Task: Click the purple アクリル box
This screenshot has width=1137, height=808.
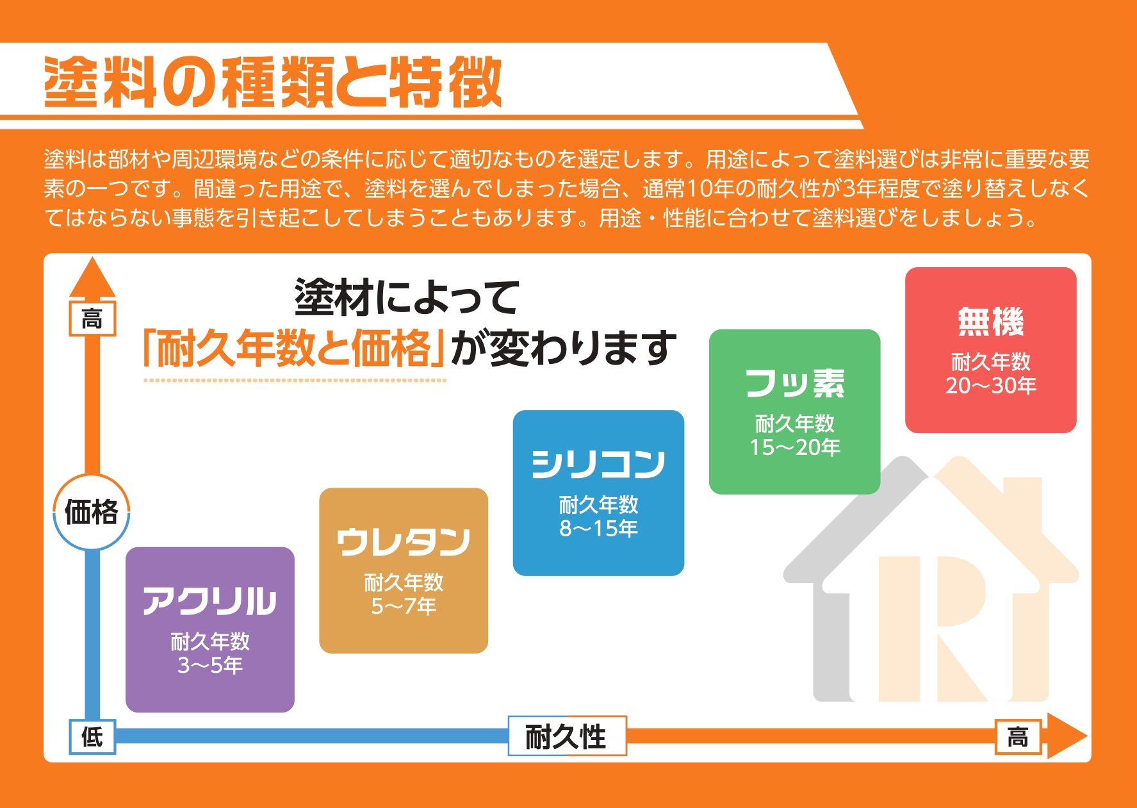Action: click(209, 629)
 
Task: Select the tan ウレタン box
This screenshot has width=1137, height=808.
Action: click(404, 570)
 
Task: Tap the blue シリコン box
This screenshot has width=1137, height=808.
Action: click(598, 493)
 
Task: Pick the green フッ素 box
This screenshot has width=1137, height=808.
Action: click(794, 411)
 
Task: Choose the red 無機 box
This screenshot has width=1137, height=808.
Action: click(990, 350)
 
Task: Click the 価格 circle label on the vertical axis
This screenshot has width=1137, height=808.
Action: click(92, 512)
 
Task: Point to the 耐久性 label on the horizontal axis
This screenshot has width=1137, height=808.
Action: click(567, 736)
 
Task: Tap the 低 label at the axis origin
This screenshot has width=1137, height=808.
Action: click(92, 736)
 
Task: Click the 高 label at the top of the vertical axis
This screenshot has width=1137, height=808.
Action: click(92, 318)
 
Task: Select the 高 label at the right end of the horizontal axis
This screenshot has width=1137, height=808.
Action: click(1018, 736)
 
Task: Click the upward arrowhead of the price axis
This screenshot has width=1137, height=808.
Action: click(92, 278)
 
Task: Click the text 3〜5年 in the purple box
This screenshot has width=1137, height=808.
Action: click(210, 666)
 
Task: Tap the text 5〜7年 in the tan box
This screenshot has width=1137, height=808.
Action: click(404, 606)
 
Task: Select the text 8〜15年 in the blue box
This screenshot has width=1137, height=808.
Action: click(598, 529)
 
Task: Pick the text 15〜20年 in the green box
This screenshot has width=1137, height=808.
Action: click(795, 447)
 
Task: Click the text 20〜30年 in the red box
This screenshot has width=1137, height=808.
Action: click(991, 386)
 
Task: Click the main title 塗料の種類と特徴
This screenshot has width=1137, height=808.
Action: click(273, 83)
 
